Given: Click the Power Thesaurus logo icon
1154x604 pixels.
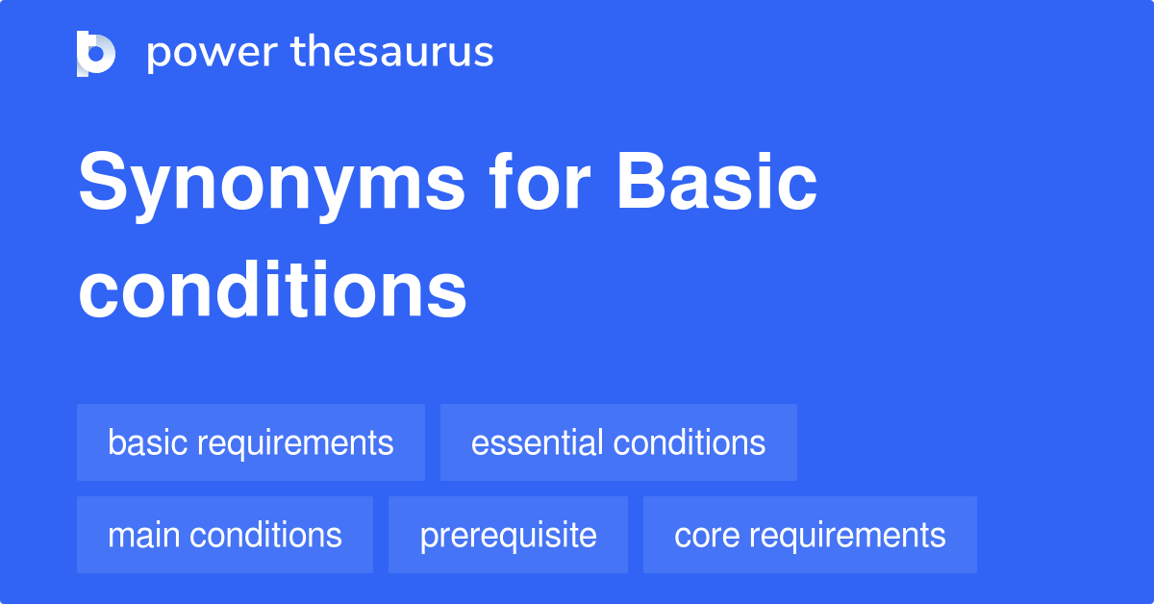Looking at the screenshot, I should pyautogui.click(x=96, y=53).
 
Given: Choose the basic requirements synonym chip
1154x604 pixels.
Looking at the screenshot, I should pyautogui.click(x=250, y=442).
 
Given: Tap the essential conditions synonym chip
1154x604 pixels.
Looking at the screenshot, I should pyautogui.click(x=618, y=442).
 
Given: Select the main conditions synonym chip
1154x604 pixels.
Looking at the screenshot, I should pyautogui.click(x=224, y=535).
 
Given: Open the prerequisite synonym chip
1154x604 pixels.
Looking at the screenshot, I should pyautogui.click(x=508, y=535).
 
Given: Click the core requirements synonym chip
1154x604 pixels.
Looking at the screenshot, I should pyautogui.click(x=810, y=535).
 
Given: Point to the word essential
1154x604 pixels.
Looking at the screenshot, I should pyautogui.click(x=537, y=442).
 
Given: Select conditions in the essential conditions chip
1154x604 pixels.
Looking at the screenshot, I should pyautogui.click(x=689, y=442).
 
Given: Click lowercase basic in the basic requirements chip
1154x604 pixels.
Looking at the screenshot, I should pyautogui.click(x=146, y=442).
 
